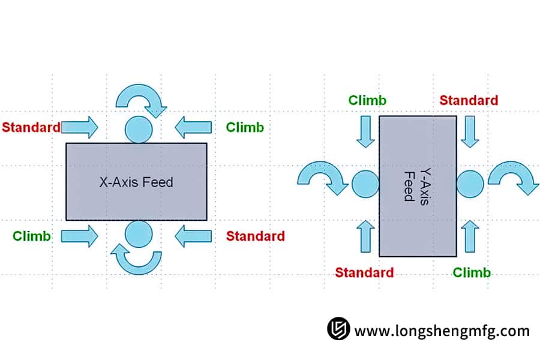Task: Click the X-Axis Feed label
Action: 136,182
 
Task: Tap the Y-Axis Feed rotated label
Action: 416,183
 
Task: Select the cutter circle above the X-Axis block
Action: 139,129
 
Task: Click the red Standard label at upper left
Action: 31,127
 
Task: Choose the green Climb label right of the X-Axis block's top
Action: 245,127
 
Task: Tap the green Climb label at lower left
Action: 32,236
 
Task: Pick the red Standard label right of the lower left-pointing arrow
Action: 256,236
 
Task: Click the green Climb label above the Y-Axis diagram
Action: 368,100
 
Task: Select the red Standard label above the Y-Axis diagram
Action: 469,100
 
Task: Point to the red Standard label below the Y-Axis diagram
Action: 364,272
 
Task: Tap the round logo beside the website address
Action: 338,329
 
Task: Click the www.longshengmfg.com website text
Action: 442,331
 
